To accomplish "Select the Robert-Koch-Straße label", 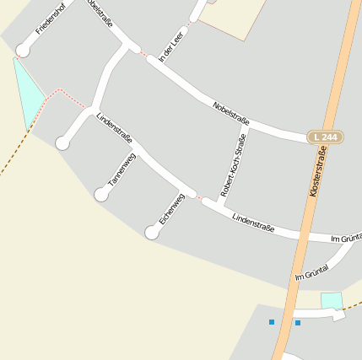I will [x=233, y=165].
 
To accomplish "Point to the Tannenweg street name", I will [x=122, y=170].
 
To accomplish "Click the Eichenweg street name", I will [x=171, y=208].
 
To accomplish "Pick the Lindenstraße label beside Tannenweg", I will [x=114, y=127].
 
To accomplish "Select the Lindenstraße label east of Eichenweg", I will [x=253, y=223].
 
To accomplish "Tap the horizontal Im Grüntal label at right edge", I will [x=345, y=239].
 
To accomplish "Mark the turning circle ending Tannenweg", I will [x=101, y=195].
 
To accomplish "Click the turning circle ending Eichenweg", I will [x=152, y=233].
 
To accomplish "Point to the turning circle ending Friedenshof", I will [x=23, y=51].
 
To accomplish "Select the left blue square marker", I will [x=272, y=322].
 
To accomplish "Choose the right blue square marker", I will [x=298, y=323].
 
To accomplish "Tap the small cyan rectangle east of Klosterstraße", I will [x=332, y=300].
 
